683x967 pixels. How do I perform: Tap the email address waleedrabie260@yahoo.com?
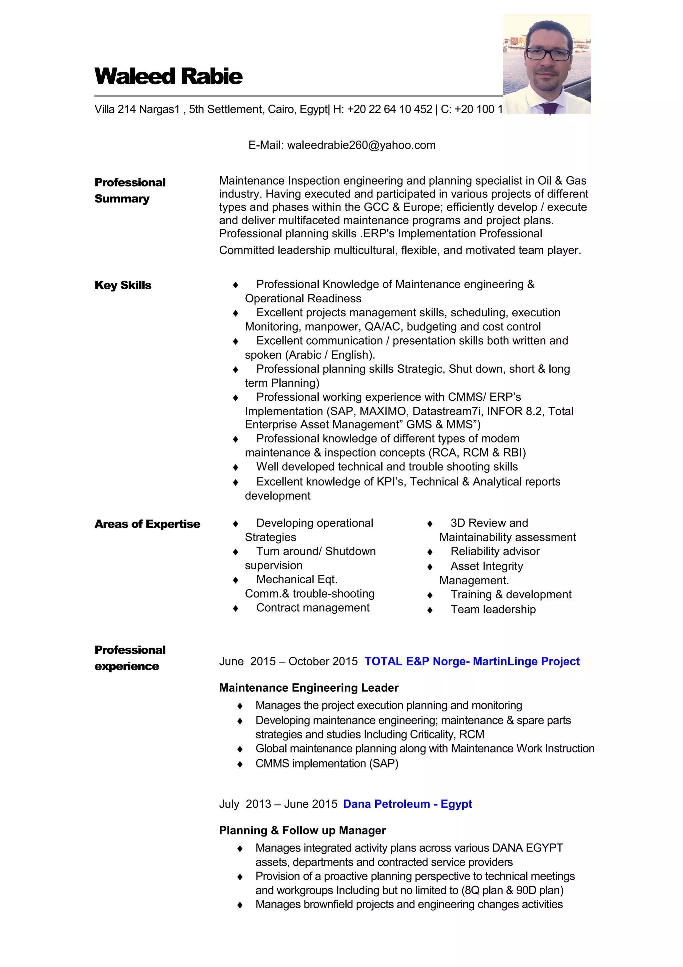pyautogui.click(x=361, y=145)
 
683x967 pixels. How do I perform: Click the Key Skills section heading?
pyautogui.click(x=123, y=285)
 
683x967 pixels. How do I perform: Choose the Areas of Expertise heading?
pyautogui.click(x=147, y=524)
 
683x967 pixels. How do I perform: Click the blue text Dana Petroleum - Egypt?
pyautogui.click(x=407, y=804)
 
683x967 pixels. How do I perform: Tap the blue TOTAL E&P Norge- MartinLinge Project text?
pyautogui.click(x=472, y=661)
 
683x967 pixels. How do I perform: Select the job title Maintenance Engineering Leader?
pyautogui.click(x=308, y=688)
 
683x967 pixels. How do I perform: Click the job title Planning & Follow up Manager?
pyautogui.click(x=302, y=831)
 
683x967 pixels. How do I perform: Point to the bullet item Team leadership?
pyautogui.click(x=493, y=609)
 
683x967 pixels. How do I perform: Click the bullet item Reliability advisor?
pyautogui.click(x=495, y=551)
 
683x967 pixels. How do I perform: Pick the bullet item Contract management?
pyautogui.click(x=313, y=608)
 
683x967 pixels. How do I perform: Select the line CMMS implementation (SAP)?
pyautogui.click(x=326, y=763)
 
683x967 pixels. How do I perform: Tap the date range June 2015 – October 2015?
pyautogui.click(x=288, y=662)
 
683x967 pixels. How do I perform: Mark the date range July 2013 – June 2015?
pyautogui.click(x=278, y=804)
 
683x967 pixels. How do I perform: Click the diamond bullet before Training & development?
pyautogui.click(x=430, y=595)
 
